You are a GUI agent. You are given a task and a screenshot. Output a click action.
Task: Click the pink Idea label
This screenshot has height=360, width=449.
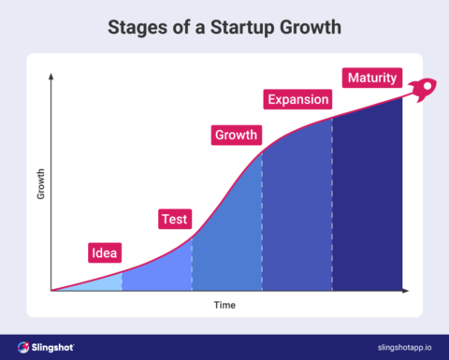pyautogui.click(x=104, y=252)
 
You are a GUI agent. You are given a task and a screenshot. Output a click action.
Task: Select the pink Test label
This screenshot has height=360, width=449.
pyautogui.click(x=174, y=220)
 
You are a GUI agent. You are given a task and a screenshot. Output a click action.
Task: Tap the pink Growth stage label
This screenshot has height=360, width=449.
pyautogui.click(x=236, y=135)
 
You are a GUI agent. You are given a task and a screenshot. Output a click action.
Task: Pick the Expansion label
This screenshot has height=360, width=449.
pyautogui.click(x=298, y=99)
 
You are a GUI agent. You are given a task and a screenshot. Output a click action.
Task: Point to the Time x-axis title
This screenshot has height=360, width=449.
pyautogui.click(x=224, y=305)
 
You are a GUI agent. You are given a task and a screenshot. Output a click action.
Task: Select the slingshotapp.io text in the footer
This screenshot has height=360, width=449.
pyautogui.click(x=396, y=347)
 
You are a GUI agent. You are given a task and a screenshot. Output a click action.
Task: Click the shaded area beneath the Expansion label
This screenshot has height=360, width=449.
pyautogui.click(x=297, y=215)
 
